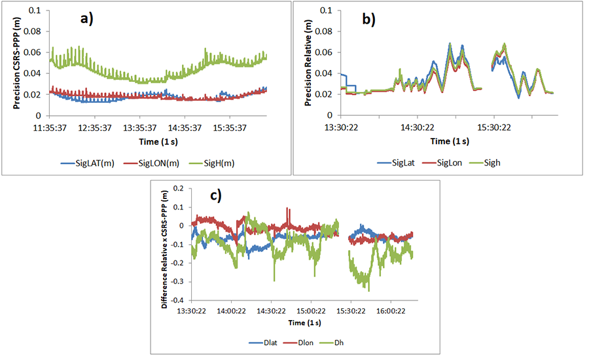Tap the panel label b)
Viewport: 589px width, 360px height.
point(368,20)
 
